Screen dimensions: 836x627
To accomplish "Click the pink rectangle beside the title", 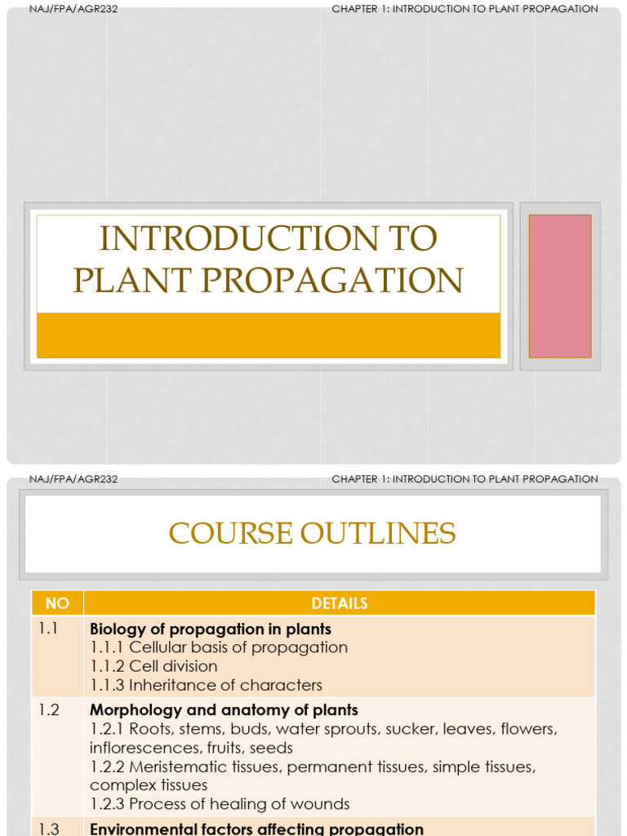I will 559,286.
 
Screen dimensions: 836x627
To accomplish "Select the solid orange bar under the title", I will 268,335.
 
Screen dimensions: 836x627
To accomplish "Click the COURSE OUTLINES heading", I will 312,533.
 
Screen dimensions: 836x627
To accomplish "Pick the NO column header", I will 57,603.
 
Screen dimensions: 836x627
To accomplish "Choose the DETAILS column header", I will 339,603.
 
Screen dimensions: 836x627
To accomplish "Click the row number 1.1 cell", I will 48,629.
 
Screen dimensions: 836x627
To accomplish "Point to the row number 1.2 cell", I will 48,710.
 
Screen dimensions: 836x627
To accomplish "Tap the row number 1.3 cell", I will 48,829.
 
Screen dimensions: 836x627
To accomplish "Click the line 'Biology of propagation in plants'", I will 211,629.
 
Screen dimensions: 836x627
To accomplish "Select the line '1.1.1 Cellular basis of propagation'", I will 219,647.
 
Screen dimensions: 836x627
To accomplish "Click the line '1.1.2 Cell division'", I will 153,666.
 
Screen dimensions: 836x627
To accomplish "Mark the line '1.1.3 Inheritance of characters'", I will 206,685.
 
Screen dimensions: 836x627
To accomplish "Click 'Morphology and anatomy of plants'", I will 224,710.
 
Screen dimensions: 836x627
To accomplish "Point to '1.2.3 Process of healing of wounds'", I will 220,804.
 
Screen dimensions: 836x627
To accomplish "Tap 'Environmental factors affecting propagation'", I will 256,829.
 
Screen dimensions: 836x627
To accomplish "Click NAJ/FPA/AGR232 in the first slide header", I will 73,9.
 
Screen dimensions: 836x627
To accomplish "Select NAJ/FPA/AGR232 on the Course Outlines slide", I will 73,479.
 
